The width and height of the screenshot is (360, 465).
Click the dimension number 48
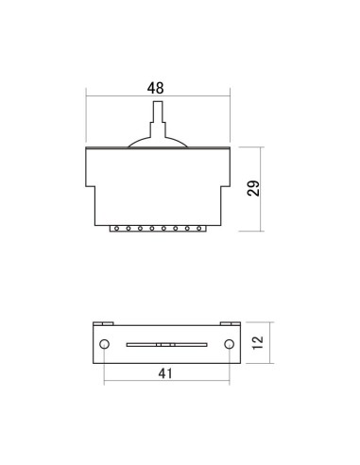click(x=155, y=88)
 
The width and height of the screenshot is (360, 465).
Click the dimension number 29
click(x=253, y=188)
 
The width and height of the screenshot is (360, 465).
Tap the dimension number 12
click(x=258, y=342)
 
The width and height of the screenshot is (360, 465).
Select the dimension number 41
click(x=165, y=373)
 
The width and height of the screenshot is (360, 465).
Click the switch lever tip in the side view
click(x=158, y=102)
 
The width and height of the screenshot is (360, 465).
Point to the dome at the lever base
click(x=158, y=142)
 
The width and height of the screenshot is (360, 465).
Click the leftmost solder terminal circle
click(x=116, y=229)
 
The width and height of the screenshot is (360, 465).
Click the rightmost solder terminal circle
click(x=199, y=229)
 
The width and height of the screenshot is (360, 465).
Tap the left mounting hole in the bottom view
click(x=104, y=344)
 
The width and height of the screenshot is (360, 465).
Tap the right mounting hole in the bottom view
click(x=229, y=344)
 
